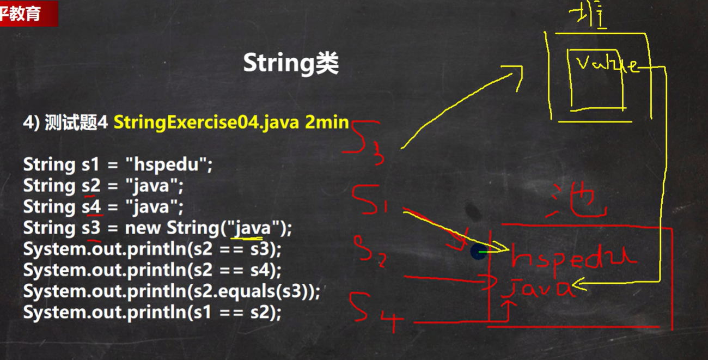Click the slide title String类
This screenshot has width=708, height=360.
[291, 64]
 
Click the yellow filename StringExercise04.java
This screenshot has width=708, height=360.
[206, 122]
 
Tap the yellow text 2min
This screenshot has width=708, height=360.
[327, 122]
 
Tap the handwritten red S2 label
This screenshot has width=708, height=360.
[371, 252]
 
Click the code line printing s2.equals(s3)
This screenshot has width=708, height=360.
[171, 291]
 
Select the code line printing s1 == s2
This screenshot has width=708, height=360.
[152, 313]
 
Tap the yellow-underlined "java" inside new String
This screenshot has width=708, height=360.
[251, 228]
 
